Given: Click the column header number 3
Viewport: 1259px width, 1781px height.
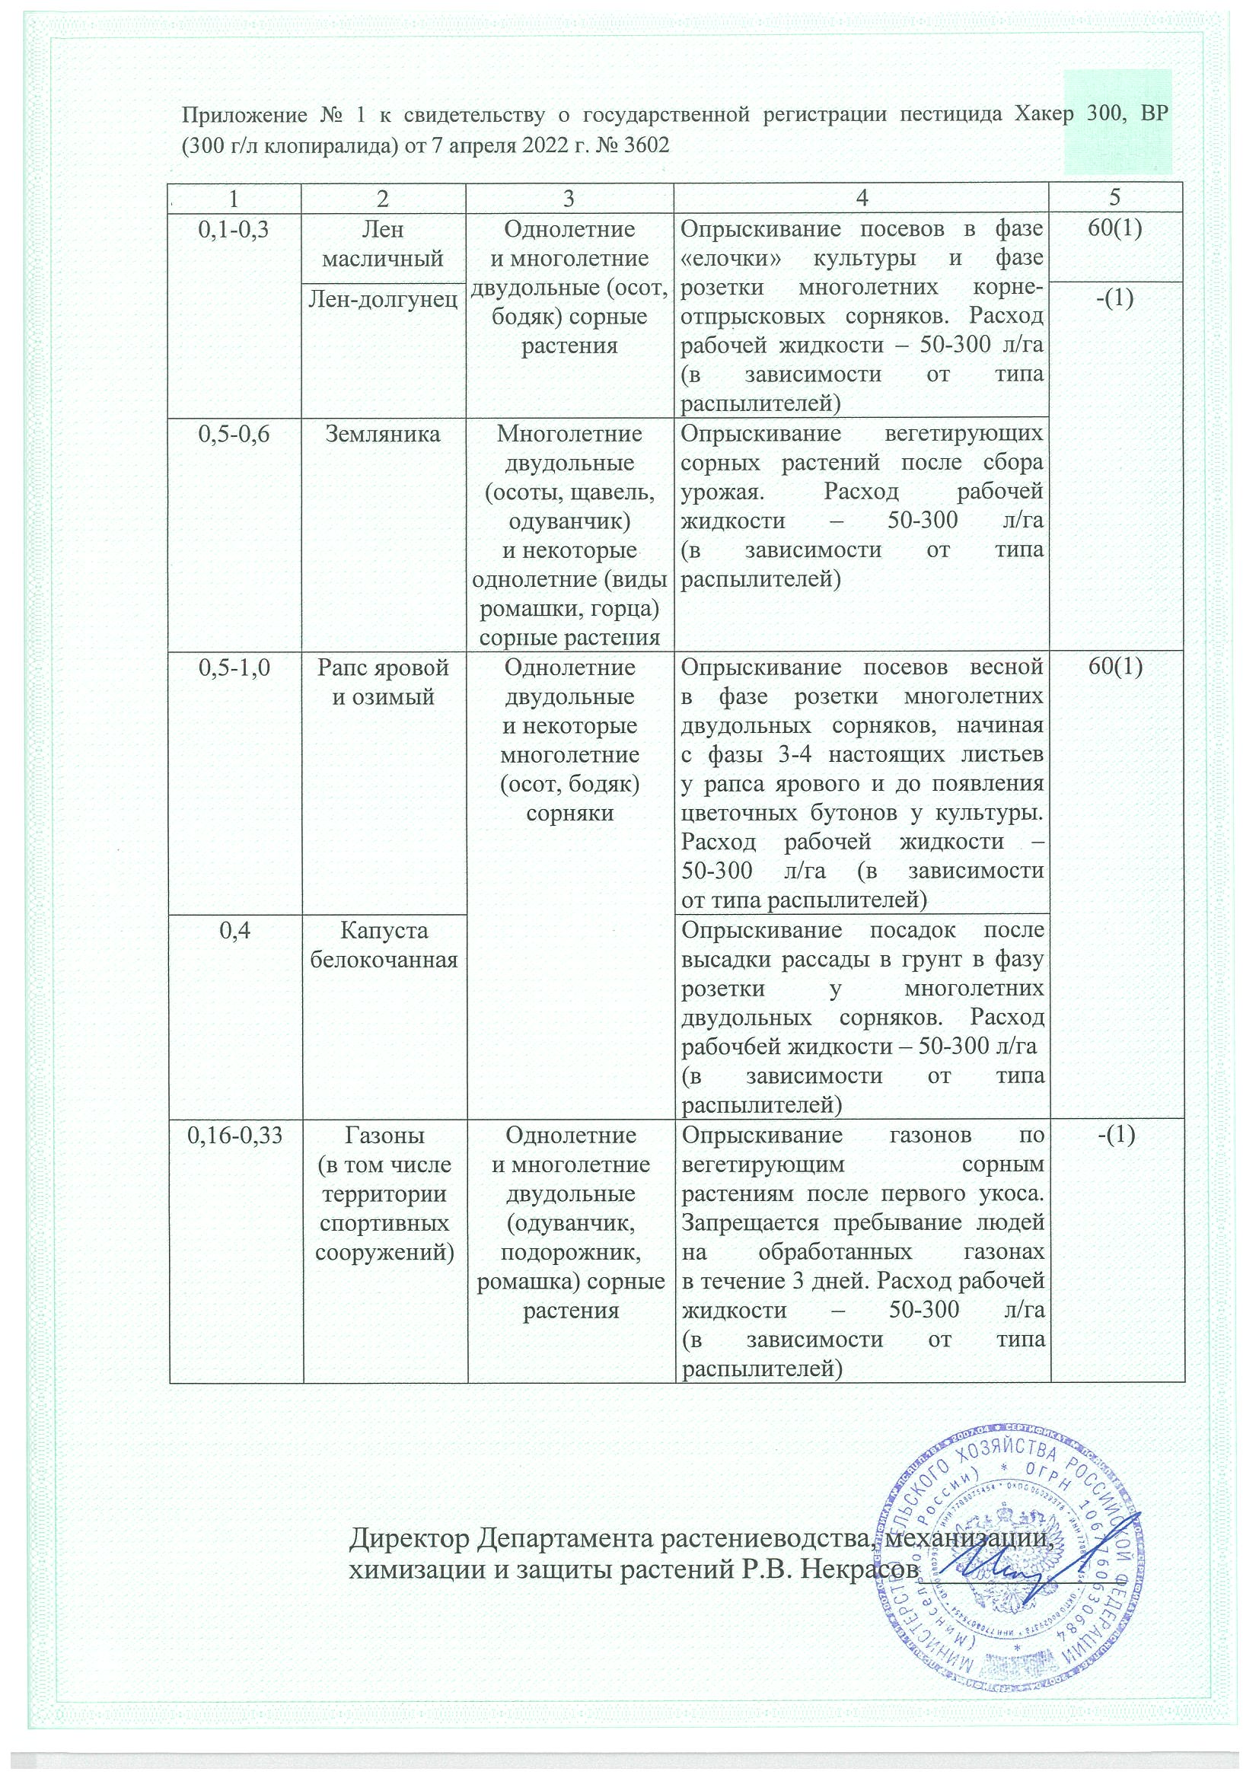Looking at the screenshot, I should (x=569, y=198).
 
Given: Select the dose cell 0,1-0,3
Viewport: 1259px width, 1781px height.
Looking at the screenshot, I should (x=234, y=231).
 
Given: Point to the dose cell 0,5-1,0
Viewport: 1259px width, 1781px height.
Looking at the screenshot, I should (x=234, y=668).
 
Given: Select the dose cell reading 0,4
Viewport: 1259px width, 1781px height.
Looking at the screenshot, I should (x=234, y=930).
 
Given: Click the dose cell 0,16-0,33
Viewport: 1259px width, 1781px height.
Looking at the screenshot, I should (x=234, y=1136).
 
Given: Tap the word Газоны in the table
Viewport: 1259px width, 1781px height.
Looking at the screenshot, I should (x=384, y=1136).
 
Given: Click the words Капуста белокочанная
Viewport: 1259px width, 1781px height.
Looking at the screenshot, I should (x=384, y=945).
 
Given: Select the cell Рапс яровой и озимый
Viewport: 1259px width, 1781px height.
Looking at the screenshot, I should (x=384, y=683).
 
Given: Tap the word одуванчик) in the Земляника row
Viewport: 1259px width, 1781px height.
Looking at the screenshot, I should (x=569, y=521).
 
